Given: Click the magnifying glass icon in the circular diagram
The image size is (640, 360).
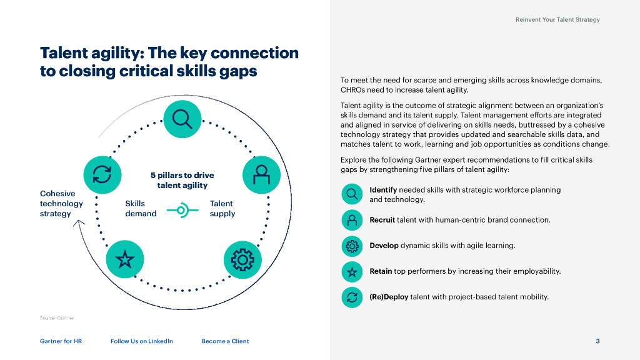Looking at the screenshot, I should tap(182, 119).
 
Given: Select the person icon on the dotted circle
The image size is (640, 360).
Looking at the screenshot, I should tap(261, 174).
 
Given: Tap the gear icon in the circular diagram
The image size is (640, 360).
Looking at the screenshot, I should tap(242, 259).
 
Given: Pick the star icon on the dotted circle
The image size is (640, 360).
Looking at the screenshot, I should tap(125, 259).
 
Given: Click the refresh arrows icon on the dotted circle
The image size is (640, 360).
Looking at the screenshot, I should tap(102, 174).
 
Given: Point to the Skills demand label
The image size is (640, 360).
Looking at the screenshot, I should tap(141, 209).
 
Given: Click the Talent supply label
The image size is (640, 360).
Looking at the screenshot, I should tap(222, 209).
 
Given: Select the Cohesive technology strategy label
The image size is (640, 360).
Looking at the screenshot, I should tap(61, 204).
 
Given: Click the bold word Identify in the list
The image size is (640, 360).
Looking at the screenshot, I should tap(383, 190).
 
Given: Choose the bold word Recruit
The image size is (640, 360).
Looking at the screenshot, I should tap(382, 220).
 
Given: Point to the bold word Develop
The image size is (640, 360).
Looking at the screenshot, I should tap(384, 246).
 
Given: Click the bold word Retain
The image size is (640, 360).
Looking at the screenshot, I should tap(381, 271).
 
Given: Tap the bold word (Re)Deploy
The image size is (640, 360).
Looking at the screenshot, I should tap(389, 297).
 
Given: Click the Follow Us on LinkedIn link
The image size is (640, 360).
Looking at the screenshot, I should tap(142, 341).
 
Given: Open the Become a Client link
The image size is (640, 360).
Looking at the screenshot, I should tap(225, 341).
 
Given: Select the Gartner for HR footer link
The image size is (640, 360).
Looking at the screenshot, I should tap(61, 341).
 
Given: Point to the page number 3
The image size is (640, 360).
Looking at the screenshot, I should tap(597, 341).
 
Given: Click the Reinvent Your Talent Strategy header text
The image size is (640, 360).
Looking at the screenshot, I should tap(557, 20).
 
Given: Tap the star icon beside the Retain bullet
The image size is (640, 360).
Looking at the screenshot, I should tap(352, 272).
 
